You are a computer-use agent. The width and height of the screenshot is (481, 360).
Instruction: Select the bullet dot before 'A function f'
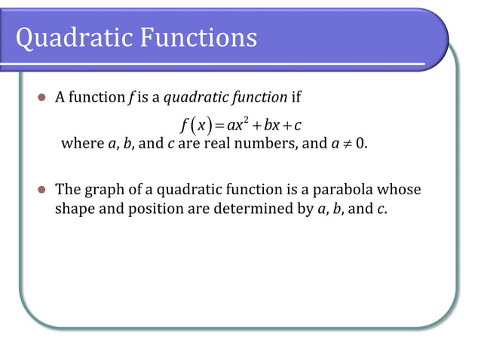coord(42,98)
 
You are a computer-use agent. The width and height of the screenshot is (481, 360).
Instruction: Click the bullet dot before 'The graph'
coord(42,191)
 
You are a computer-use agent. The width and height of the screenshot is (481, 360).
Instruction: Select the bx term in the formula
coord(273,124)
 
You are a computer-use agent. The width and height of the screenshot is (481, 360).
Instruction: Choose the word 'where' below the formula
coord(77,143)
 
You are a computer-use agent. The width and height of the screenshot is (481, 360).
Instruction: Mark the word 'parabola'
coord(344,190)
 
